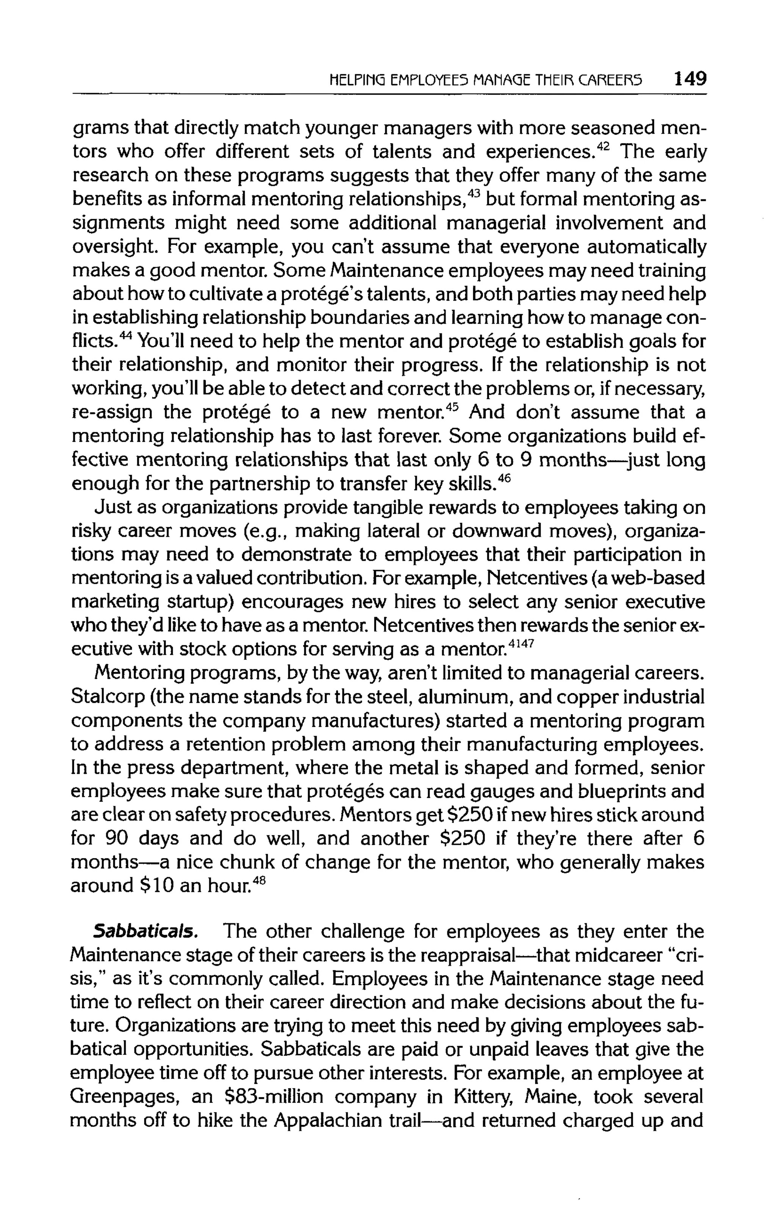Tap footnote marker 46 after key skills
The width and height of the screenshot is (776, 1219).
(x=507, y=477)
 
